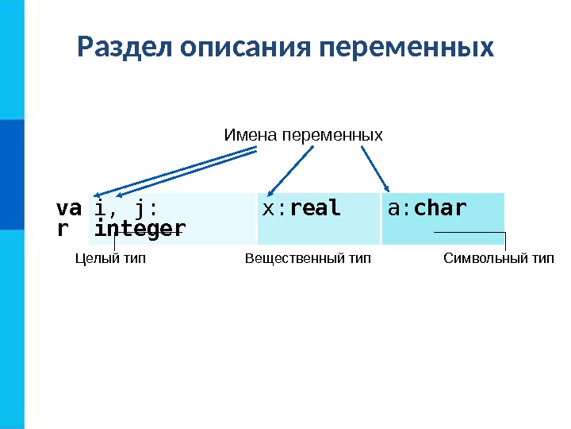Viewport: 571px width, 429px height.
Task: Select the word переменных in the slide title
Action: click(405, 47)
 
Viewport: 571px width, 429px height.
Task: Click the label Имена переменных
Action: click(303, 135)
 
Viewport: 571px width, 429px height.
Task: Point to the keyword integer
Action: click(140, 229)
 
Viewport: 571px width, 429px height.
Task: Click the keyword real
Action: click(316, 208)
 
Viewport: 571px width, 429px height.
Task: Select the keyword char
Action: click(440, 208)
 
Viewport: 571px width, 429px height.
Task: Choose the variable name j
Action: click(140, 209)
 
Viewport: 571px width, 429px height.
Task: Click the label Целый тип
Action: click(110, 258)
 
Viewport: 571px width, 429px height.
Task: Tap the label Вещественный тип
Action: click(308, 258)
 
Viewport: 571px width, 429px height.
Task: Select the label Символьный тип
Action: click(498, 258)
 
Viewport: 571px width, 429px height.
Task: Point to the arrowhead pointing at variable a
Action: click(386, 188)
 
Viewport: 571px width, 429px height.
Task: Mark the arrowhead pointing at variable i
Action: click(97, 194)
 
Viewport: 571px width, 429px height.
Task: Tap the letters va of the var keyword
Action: click(68, 208)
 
